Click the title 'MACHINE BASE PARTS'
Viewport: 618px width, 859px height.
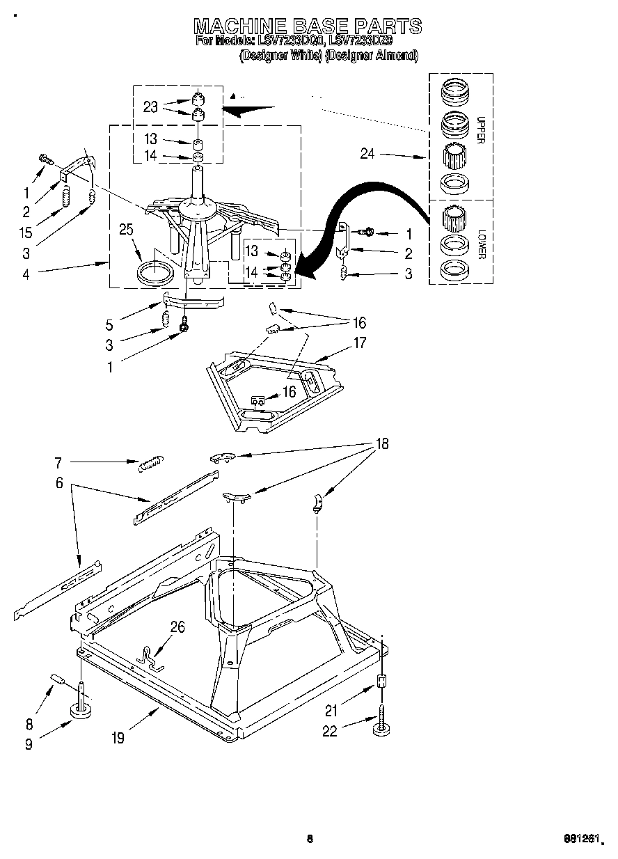click(307, 26)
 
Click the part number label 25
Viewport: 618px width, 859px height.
click(126, 229)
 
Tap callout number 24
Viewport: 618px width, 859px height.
click(367, 153)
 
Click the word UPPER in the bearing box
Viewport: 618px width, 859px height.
click(480, 129)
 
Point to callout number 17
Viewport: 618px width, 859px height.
click(359, 342)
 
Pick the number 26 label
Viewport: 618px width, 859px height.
click(177, 627)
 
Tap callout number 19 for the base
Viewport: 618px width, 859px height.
click(118, 738)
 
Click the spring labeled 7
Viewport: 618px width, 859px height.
click(150, 463)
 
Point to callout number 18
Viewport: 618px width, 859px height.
click(381, 443)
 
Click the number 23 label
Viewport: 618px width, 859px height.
click(150, 107)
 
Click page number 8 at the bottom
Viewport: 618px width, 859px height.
click(310, 839)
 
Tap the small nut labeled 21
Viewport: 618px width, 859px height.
click(381, 681)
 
